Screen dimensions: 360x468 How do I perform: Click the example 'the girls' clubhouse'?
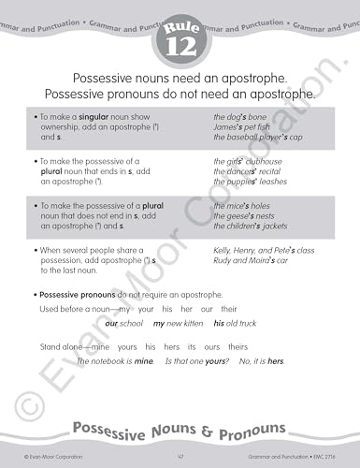(x=249, y=161)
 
